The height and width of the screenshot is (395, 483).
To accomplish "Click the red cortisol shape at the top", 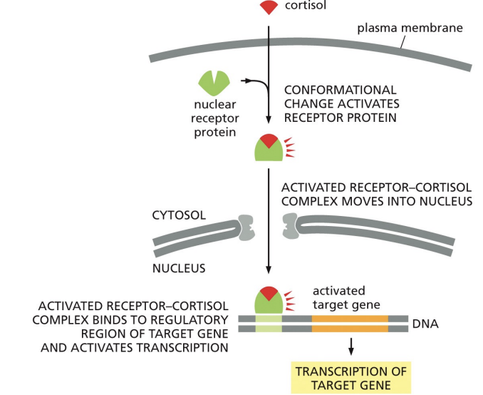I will (x=268, y=8).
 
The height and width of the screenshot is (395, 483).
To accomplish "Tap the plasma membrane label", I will (x=410, y=29).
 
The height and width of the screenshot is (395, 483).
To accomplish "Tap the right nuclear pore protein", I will (x=290, y=227).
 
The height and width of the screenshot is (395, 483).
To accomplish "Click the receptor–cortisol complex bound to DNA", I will (x=268, y=300).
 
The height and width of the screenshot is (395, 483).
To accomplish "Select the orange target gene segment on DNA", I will (x=349, y=324).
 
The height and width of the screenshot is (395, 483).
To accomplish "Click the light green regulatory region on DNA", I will (x=269, y=324).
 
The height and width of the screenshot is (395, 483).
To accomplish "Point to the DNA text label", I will (x=425, y=324).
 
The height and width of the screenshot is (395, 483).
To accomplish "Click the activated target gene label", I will (x=339, y=297).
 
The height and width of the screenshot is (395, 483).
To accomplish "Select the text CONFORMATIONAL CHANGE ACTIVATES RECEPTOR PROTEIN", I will (x=340, y=103).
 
